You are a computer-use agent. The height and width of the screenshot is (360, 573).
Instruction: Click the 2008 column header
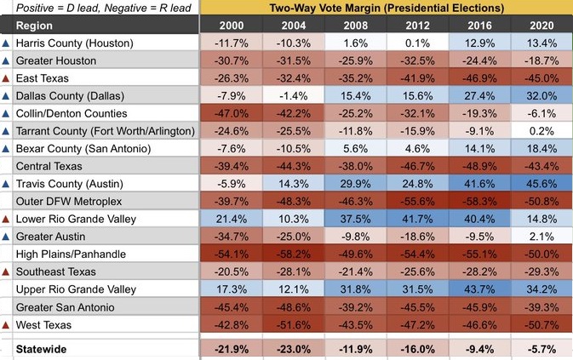355,26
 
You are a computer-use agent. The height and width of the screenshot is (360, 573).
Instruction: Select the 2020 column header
541,26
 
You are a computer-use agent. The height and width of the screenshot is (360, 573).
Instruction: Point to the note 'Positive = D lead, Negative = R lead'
100,9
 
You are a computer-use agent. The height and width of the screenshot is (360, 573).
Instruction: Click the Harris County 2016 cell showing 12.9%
479,43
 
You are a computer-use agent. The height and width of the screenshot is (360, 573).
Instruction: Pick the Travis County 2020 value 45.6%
541,184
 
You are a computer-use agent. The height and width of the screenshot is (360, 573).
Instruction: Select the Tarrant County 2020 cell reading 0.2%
541,131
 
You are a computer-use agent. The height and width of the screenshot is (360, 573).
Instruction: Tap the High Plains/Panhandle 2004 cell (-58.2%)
292,254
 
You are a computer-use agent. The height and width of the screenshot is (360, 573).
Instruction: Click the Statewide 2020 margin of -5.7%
541,350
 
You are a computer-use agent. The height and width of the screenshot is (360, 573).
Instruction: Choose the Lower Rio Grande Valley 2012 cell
417,219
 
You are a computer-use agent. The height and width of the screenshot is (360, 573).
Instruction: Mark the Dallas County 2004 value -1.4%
292,96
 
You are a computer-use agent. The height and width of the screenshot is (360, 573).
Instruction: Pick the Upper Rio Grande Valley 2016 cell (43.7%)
479,289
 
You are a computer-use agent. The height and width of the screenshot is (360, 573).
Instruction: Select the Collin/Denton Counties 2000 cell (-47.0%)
230,114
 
